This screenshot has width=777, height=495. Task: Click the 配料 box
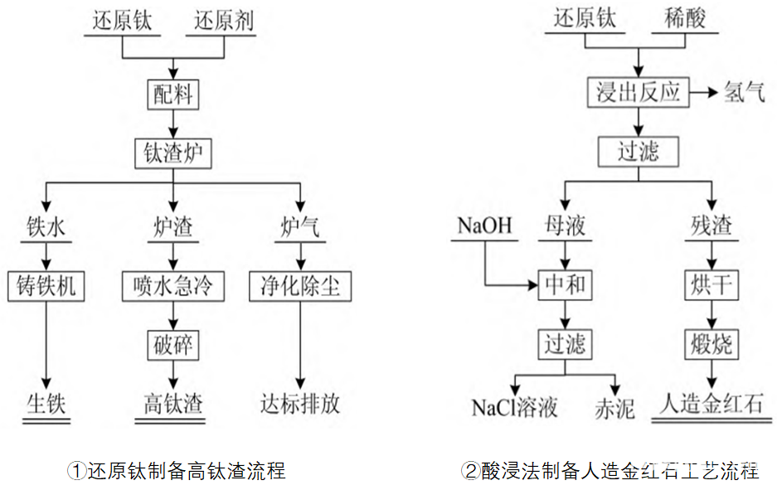click(173, 95)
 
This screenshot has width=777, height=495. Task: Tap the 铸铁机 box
click(46, 286)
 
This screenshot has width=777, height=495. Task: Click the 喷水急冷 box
click(173, 286)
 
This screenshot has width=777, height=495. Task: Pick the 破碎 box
click(173, 345)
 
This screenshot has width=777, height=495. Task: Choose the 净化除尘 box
click(300, 286)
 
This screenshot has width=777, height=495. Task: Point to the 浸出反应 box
click(638, 92)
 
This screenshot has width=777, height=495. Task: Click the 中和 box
click(565, 286)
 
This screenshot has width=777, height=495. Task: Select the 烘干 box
click(711, 286)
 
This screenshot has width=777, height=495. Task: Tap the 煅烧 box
click(711, 343)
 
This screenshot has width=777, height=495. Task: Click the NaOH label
click(485, 226)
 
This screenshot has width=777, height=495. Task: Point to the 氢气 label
click(745, 92)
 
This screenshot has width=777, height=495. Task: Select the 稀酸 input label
click(684, 19)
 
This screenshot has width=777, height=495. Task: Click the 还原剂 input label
click(224, 22)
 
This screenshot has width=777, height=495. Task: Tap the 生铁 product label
click(46, 405)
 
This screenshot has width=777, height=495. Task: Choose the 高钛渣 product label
click(173, 405)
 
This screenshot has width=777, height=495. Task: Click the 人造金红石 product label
click(711, 405)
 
